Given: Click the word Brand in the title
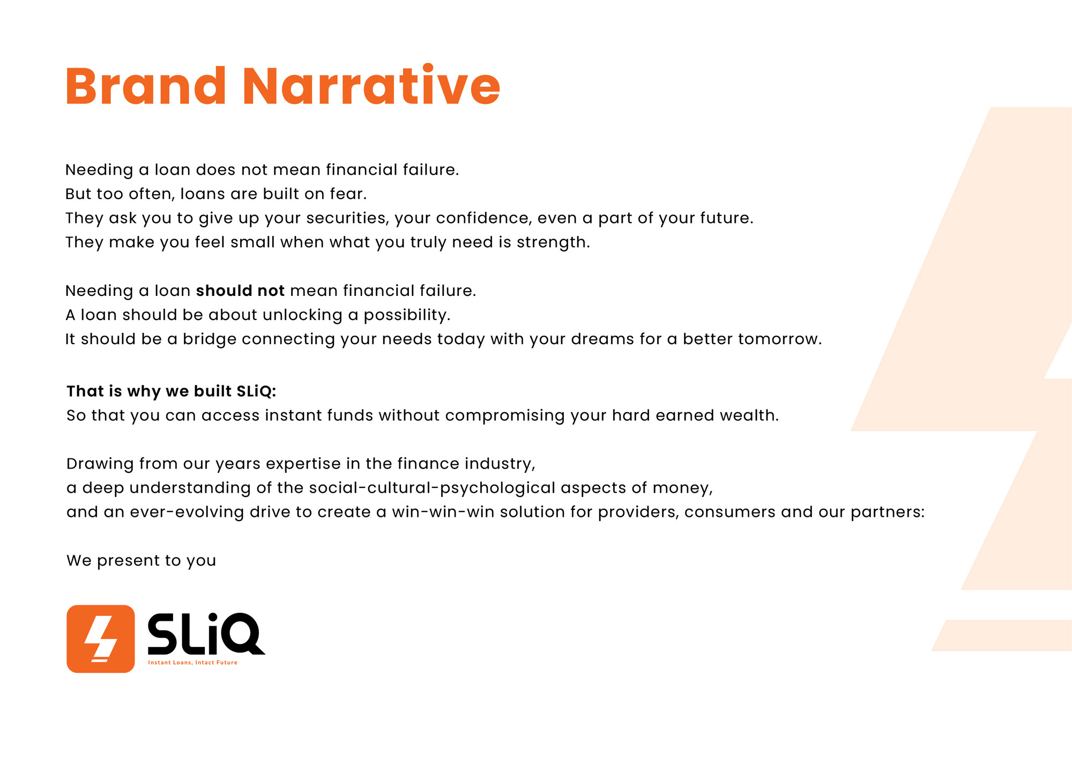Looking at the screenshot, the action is click(146, 86).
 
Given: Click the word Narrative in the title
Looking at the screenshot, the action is click(371, 85).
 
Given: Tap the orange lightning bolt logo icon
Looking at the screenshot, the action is click(101, 638).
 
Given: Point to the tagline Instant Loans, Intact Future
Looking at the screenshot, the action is click(192, 663).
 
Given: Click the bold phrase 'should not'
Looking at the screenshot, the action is click(240, 291).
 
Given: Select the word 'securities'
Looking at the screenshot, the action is click(350, 218).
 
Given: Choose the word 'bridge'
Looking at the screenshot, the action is click(210, 339).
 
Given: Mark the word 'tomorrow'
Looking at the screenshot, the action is click(778, 339).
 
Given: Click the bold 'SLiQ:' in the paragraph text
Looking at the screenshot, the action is click(256, 391).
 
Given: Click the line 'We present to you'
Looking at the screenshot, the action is click(142, 561).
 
